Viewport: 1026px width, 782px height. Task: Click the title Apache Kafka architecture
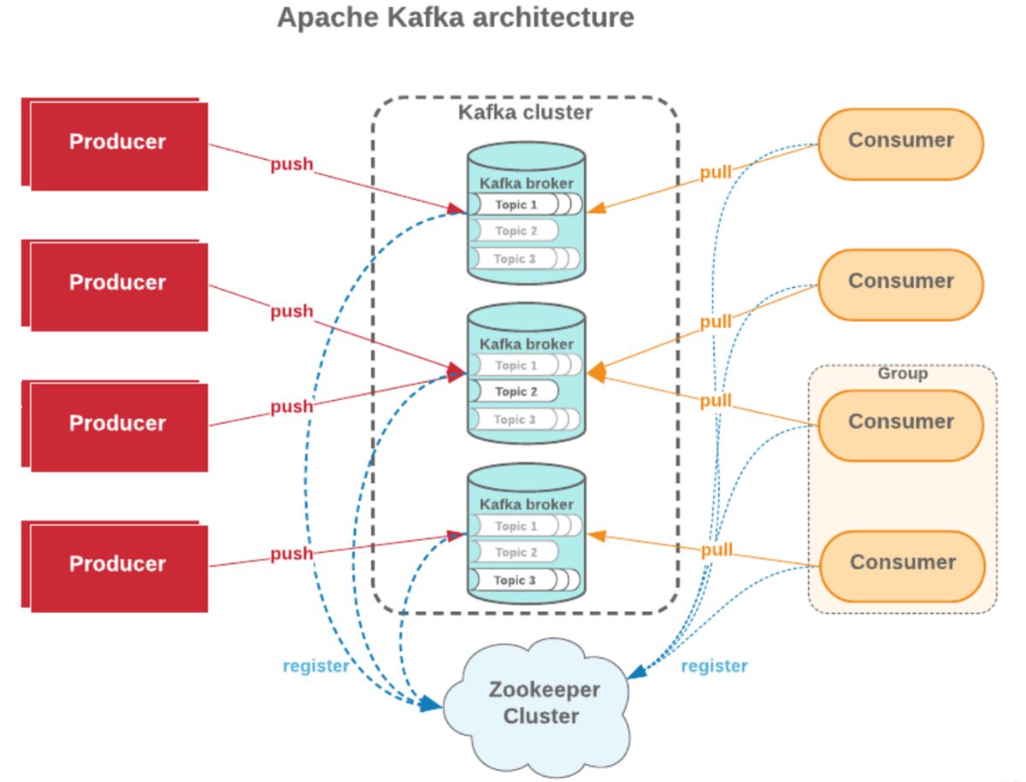tap(456, 18)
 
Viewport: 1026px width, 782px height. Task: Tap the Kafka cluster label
tap(525, 113)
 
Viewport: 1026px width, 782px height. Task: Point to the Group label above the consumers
tap(902, 373)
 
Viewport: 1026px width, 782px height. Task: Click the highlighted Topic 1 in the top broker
tap(516, 205)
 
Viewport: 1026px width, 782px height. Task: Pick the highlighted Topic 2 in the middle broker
tap(516, 391)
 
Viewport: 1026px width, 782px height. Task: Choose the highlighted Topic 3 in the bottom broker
tap(516, 580)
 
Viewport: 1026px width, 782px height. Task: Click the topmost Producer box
tap(118, 143)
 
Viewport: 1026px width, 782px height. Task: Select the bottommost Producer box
tap(118, 565)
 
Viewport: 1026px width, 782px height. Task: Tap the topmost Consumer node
tap(900, 141)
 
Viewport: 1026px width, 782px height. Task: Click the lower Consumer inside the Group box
tap(902, 562)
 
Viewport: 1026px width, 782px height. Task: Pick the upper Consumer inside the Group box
tap(900, 422)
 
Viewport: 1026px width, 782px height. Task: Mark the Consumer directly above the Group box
tap(900, 281)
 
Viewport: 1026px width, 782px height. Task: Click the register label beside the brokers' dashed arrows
tap(315, 667)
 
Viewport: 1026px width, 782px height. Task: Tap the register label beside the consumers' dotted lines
tap(714, 667)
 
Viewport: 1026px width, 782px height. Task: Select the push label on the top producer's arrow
tap(292, 165)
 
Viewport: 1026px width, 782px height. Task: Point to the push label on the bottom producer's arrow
tap(292, 555)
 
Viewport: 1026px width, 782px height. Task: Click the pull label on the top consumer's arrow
tap(716, 173)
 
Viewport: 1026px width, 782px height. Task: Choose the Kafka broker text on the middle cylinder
tap(526, 344)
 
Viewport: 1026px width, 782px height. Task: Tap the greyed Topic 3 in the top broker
tap(516, 259)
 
